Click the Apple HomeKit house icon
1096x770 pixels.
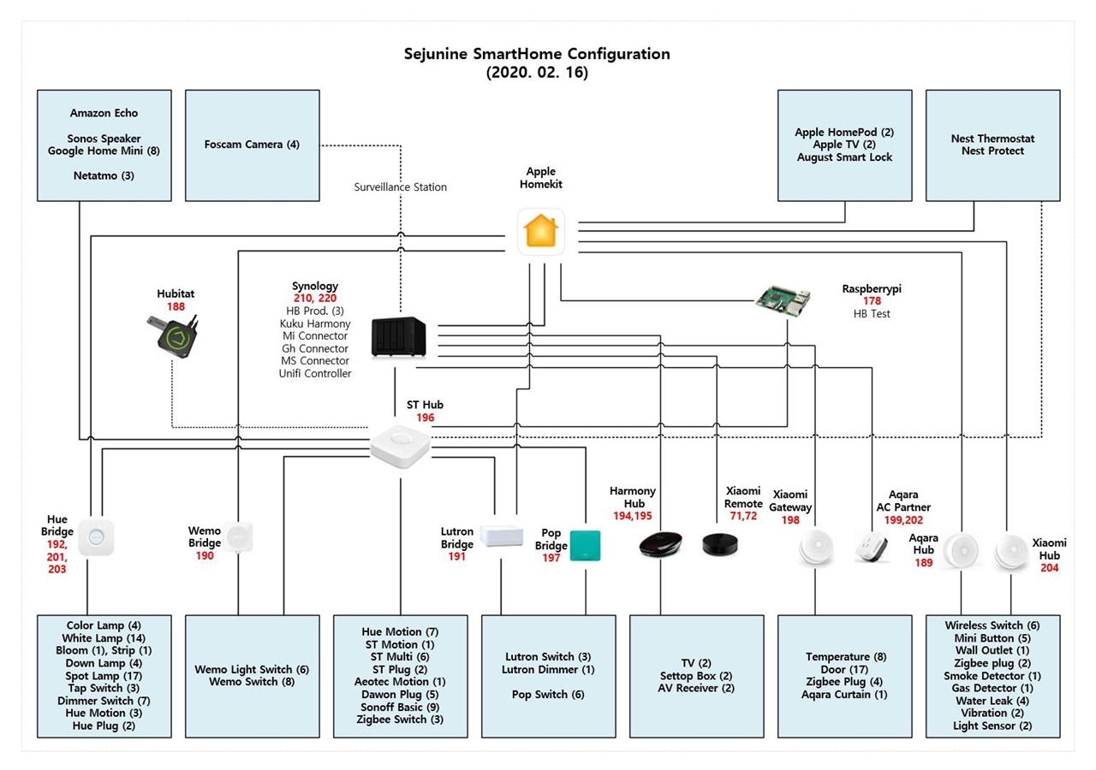[x=541, y=231]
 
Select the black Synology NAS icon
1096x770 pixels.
[x=398, y=337]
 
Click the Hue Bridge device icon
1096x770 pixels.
[x=96, y=537]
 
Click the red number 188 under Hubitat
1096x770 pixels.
[x=176, y=306]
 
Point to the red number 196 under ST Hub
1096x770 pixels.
[x=426, y=418]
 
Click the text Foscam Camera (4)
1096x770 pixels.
[x=253, y=145]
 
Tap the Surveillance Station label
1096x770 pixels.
[x=401, y=187]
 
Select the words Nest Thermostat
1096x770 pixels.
[x=992, y=139]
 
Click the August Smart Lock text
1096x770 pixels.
[x=844, y=157]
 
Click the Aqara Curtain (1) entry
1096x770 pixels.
[x=844, y=694]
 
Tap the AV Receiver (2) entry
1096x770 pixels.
[x=696, y=688]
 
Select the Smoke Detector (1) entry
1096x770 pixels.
[x=992, y=676]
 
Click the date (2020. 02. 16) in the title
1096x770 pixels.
[x=537, y=73]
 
